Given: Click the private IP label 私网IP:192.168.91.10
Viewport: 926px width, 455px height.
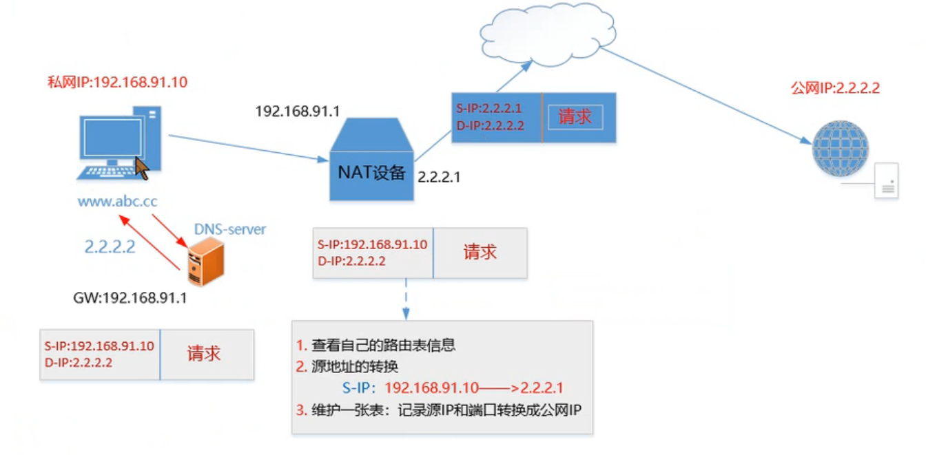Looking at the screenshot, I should [117, 83].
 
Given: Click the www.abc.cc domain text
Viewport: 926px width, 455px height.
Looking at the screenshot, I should [117, 202].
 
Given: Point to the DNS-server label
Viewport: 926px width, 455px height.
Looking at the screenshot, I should [229, 229].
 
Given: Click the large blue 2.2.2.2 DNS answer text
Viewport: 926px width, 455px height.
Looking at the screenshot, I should [110, 246].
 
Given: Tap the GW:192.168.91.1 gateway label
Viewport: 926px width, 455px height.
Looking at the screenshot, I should [130, 299].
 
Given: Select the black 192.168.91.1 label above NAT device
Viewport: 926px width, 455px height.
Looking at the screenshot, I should [298, 112].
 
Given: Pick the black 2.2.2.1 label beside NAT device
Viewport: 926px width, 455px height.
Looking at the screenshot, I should [439, 177].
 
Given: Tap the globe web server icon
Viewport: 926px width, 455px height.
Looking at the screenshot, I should [840, 149].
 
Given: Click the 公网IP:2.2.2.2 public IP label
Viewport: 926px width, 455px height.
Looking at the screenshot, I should [835, 88].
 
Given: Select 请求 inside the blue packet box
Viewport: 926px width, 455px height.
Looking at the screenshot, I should [575, 117].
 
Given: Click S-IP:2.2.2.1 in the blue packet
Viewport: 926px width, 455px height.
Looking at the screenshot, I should [490, 108].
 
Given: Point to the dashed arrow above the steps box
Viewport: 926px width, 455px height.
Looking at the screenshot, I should [406, 299].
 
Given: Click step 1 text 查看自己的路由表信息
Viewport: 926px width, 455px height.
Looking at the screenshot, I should [383, 345].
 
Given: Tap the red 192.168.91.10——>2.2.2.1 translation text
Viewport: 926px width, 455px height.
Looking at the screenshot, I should [474, 388].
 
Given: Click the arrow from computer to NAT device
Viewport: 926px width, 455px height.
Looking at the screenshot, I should [248, 147].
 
